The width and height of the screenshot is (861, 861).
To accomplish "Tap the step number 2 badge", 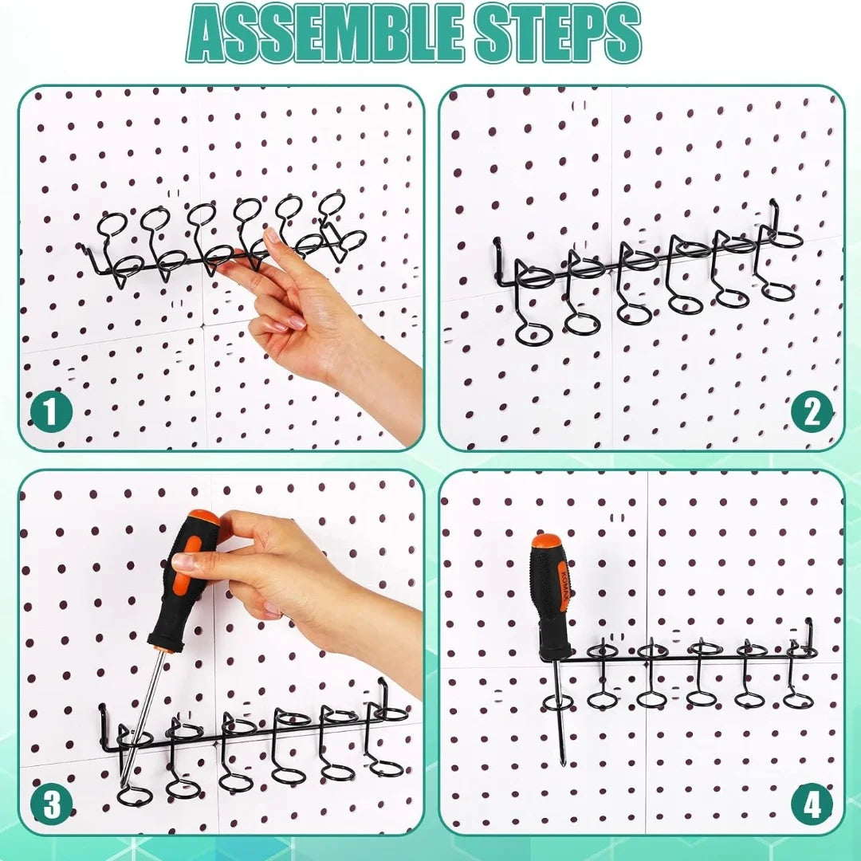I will tap(812, 413).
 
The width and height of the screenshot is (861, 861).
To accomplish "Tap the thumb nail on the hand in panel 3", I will tap(183, 561).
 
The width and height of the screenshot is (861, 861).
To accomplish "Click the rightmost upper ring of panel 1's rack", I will tap(332, 203).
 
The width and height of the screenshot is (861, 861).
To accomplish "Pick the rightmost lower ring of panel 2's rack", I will tap(777, 291).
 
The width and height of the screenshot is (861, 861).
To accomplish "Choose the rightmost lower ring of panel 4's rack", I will tap(797, 701).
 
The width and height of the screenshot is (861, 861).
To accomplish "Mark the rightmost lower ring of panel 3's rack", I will tap(387, 769).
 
